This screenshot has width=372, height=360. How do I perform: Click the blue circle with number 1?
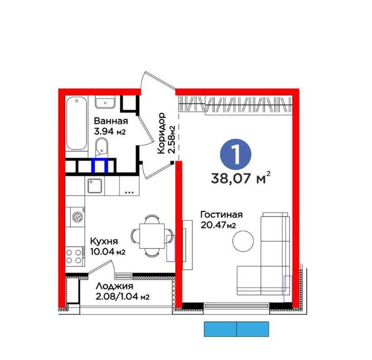tap(235, 154)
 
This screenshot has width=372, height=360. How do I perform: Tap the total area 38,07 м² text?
tap(241, 178)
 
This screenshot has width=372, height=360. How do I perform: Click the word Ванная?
tap(111, 121)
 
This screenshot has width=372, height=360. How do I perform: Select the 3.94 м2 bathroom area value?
tap(110, 131)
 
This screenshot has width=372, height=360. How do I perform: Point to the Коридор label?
tap(161, 133)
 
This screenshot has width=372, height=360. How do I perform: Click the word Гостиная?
tap(222, 215)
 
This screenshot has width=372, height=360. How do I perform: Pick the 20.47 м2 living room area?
tap(218, 225)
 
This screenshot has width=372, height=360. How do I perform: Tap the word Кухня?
tap(104, 242)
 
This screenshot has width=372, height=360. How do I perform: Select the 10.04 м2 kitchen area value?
tap(108, 252)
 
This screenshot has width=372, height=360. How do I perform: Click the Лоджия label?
tap(114, 286)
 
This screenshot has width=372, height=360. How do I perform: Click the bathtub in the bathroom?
tap(76, 123)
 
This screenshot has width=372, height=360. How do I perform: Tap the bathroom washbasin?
tap(105, 102)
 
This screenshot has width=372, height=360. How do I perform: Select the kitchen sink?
tap(95, 186)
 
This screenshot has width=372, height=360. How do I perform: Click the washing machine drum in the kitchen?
tap(77, 216)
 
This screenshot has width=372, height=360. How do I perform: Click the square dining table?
tap(152, 236)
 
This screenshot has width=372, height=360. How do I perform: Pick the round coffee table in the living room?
tap(243, 241)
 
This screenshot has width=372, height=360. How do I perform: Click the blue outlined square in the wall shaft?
tap(99, 165)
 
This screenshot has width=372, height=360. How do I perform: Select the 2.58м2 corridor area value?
tap(171, 140)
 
